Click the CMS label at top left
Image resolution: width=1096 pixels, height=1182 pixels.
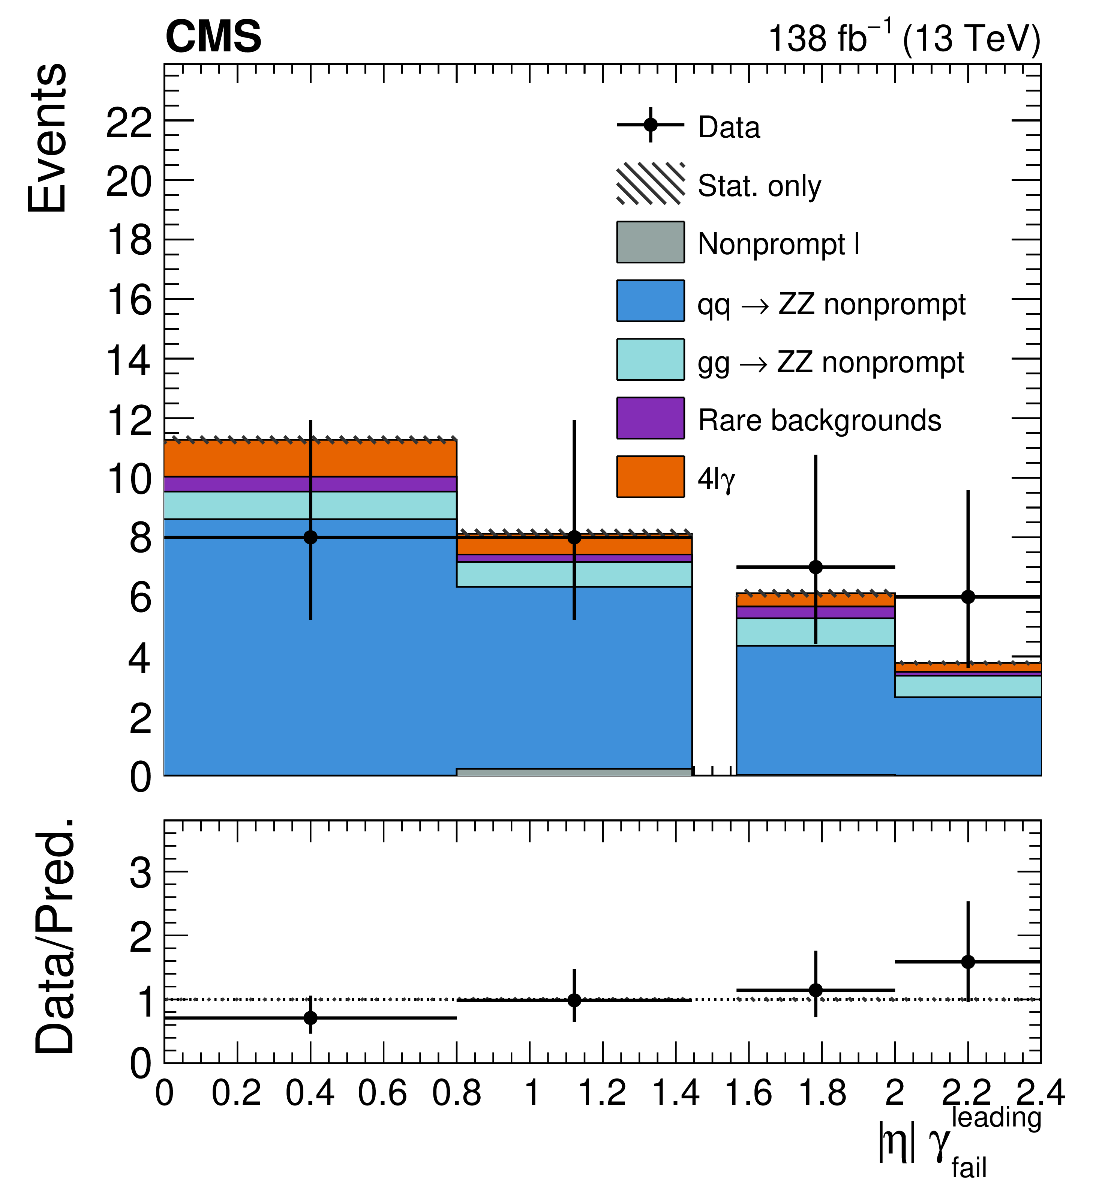point(213,37)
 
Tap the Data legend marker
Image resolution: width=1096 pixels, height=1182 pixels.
point(651,125)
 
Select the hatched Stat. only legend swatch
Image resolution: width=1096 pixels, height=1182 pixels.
point(651,184)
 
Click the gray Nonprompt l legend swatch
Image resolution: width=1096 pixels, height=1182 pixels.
point(651,242)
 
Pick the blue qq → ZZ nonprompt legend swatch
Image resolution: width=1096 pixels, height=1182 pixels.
point(651,301)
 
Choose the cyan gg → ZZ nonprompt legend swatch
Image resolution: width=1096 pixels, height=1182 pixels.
point(651,359)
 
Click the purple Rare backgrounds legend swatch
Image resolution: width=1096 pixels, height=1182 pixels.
point(651,418)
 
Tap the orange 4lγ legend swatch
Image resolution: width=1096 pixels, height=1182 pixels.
point(651,476)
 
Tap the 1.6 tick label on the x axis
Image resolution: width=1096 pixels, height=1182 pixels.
point(748,1092)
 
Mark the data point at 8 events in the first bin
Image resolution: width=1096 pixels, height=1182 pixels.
point(310,538)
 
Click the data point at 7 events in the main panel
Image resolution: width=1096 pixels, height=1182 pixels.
point(816,567)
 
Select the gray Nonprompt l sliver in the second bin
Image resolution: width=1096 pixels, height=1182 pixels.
point(574,772)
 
